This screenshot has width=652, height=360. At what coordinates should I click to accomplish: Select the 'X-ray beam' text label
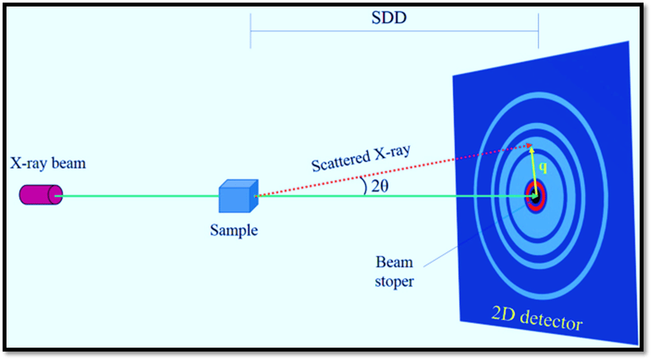click(x=47, y=164)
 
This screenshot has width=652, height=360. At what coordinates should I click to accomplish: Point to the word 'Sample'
click(x=234, y=230)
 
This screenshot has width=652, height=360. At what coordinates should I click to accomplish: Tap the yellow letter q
click(x=544, y=168)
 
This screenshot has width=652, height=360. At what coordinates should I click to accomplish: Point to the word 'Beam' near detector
click(x=394, y=263)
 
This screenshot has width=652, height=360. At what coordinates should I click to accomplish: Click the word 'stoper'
click(x=394, y=281)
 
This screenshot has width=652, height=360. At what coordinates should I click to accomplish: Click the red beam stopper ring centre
click(x=536, y=194)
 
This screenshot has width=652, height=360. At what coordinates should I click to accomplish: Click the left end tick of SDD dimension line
click(x=251, y=30)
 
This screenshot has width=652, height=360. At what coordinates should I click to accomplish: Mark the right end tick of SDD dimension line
click(x=538, y=30)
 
